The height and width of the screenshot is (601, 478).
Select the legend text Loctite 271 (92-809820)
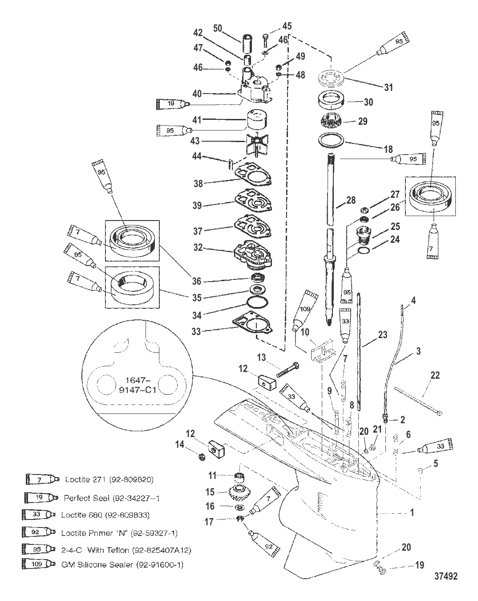coord(109,480)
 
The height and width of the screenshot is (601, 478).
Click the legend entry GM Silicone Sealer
coord(122,564)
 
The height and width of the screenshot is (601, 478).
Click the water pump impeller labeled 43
coord(251,141)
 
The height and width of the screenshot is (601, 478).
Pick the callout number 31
coord(389,87)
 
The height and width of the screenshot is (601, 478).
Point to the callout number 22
coord(434,375)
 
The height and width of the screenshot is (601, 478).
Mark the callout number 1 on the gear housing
coord(412,513)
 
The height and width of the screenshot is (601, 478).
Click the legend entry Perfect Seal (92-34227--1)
coord(111,498)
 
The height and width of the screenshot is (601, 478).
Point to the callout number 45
coord(287,27)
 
